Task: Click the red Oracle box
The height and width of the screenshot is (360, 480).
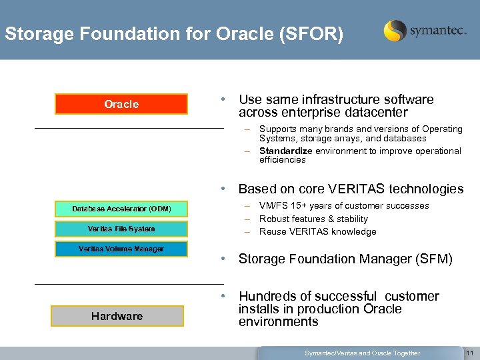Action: [x=121, y=104]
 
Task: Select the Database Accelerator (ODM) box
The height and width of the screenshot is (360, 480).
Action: [x=121, y=209]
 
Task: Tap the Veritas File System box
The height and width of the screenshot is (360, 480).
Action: [x=121, y=229]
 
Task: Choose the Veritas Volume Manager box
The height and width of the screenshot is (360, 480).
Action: [x=121, y=249]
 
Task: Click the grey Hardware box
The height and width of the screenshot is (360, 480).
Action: [x=117, y=316]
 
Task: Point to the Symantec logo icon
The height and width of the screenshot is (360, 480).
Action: [x=395, y=31]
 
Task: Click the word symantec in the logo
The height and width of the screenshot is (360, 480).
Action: [x=437, y=31]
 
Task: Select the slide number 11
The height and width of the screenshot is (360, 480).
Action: [x=469, y=353]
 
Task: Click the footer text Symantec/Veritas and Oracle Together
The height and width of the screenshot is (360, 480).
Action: [x=362, y=353]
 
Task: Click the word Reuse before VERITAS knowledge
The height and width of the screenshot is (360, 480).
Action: [x=272, y=231]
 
